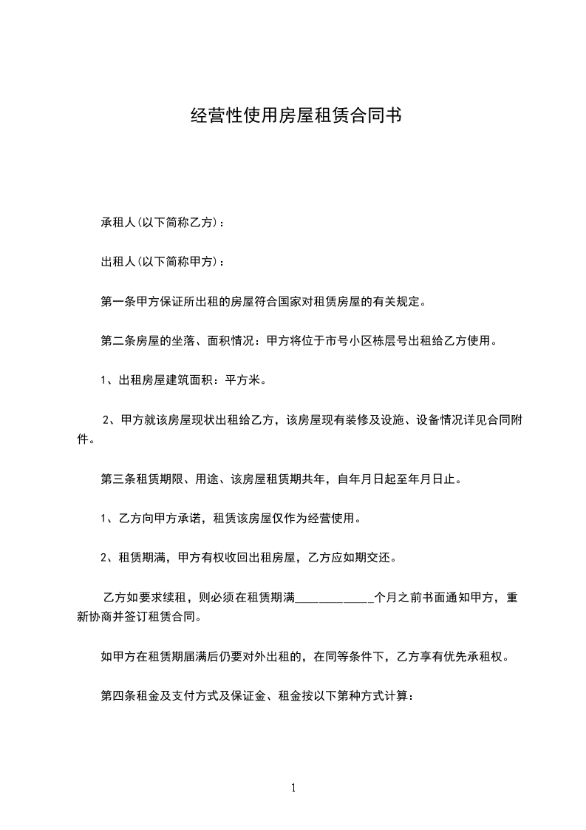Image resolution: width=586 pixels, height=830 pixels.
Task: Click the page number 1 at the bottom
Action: [293, 788]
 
